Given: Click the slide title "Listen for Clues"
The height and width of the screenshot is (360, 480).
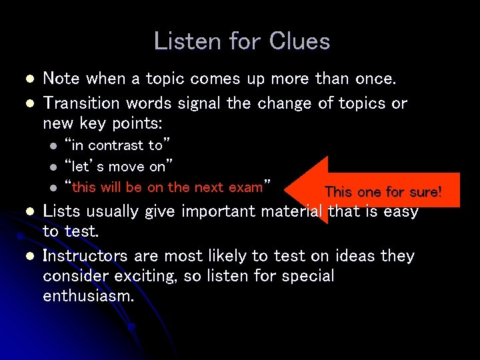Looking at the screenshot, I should point(241,41).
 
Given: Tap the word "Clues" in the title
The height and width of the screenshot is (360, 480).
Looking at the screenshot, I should point(299,41).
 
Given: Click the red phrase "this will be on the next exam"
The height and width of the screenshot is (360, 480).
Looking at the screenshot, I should point(167,187).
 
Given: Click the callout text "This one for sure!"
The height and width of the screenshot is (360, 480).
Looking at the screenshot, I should point(383,192).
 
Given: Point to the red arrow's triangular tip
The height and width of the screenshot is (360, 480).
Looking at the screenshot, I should point(293,190).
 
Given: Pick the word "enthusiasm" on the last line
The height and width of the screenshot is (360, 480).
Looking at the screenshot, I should point(88,296).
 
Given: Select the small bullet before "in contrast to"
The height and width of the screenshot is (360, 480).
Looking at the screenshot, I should point(53,145).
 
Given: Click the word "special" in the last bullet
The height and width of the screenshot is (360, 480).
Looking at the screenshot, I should point(306,276).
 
